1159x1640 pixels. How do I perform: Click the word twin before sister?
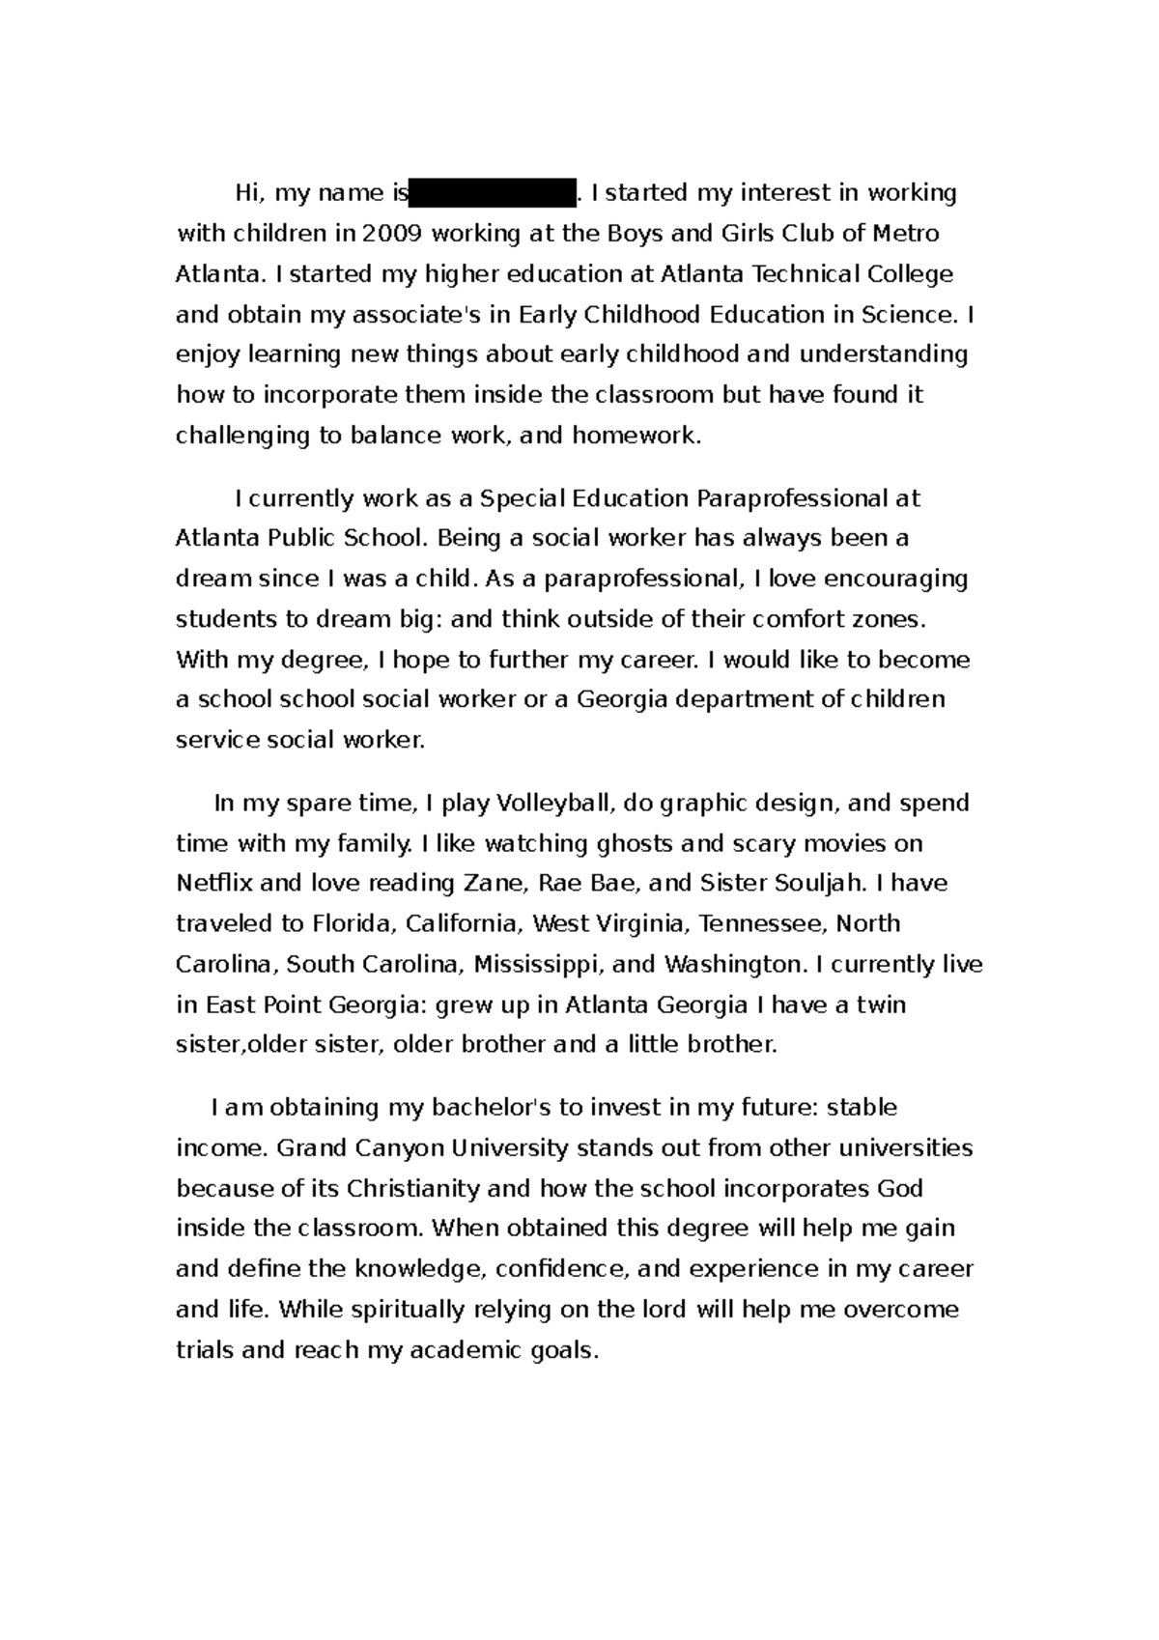[882, 1004]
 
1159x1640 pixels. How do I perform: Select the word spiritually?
[407, 1310]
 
